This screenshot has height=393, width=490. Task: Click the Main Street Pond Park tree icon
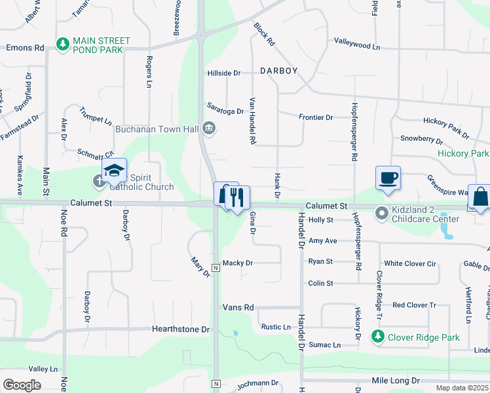[x=64, y=44]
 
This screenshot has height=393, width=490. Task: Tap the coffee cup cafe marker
[x=388, y=178]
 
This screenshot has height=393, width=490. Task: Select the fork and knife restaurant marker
[x=237, y=197]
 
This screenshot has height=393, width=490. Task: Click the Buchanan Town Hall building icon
[x=209, y=128]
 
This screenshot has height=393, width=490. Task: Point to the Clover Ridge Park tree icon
[x=377, y=337]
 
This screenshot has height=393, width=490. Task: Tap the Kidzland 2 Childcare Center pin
[x=381, y=213]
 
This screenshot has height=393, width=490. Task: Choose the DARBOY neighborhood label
[x=278, y=71]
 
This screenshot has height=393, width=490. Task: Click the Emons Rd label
[x=25, y=48]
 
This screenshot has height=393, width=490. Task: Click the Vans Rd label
[x=238, y=307]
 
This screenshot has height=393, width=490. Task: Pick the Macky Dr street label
[x=238, y=263]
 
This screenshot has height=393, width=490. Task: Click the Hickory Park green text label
[x=463, y=154]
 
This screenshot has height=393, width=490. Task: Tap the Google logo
[x=22, y=385]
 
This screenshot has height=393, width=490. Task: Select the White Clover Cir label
[x=410, y=263]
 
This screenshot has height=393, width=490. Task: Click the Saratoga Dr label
[x=225, y=111]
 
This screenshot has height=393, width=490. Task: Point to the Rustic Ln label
[x=276, y=327]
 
